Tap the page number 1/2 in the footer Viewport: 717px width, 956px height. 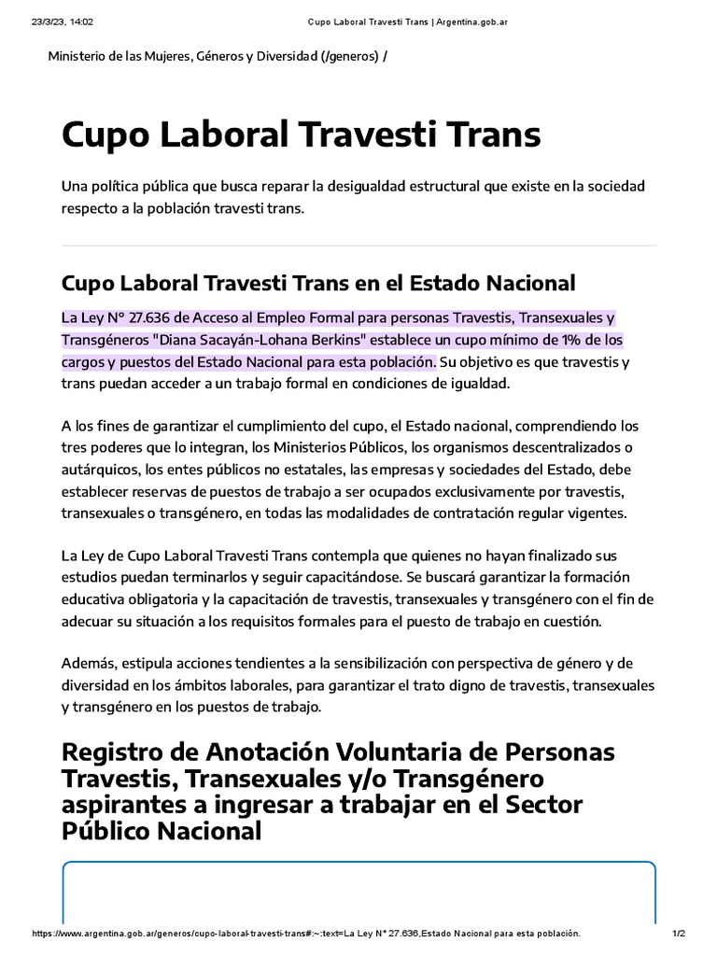point(679,934)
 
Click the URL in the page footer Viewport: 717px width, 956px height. point(305,934)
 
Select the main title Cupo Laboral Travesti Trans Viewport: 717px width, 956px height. point(301,134)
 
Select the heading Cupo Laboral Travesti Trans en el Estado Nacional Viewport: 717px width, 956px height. point(318,282)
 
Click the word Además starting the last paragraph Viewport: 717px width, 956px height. point(90,663)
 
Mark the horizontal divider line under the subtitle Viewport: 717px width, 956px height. point(358,246)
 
